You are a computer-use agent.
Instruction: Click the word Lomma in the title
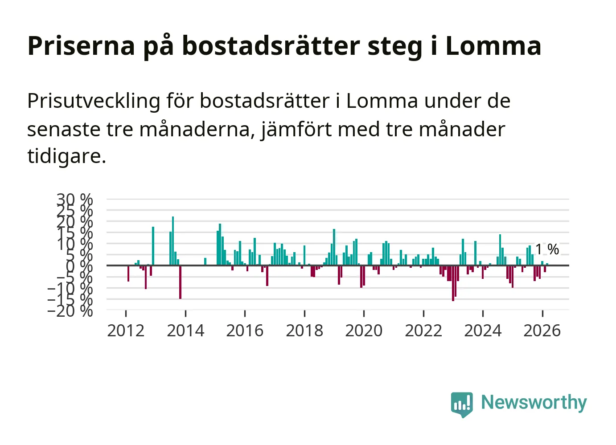(493, 45)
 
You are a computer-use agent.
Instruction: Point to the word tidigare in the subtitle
(66, 156)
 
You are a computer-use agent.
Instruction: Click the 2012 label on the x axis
(126, 331)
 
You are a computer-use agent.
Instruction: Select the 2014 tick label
(185, 331)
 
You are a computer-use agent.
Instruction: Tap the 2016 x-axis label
(245, 331)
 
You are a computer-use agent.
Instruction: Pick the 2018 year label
(304, 331)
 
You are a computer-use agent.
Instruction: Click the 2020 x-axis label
(364, 331)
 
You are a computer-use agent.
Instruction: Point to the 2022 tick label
(423, 331)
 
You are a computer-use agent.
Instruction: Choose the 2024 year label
(483, 331)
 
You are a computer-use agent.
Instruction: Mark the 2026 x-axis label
(542, 331)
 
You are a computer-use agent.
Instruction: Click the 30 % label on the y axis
(74, 199)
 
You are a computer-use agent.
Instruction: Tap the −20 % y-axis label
(70, 310)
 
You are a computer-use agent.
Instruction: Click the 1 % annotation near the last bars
(547, 249)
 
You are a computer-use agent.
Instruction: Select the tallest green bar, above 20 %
(173, 241)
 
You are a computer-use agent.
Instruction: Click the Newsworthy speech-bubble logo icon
(461, 404)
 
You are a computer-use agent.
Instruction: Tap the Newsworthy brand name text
(534, 402)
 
